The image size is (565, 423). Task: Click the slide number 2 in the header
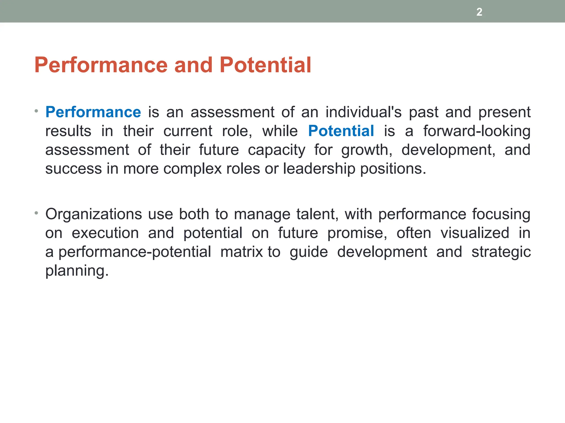tap(479, 12)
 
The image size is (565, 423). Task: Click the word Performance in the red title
tap(101, 65)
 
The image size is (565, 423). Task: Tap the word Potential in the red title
tap(265, 65)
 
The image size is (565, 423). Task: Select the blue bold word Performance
tap(93, 112)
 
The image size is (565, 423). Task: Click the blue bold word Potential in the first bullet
tap(341, 131)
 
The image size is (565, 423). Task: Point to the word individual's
tap(363, 112)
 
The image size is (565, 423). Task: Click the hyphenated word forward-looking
tap(477, 131)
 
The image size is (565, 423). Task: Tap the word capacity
tap(276, 150)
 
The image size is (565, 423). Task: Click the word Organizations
tap(94, 215)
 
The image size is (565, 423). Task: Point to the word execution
tap(105, 233)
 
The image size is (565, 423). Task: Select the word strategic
tap(501, 252)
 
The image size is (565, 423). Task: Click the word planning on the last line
tap(77, 271)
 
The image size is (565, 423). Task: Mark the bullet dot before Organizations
tap(36, 213)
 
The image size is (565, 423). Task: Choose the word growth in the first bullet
tap(366, 150)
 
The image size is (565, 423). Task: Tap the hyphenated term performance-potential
tap(135, 252)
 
